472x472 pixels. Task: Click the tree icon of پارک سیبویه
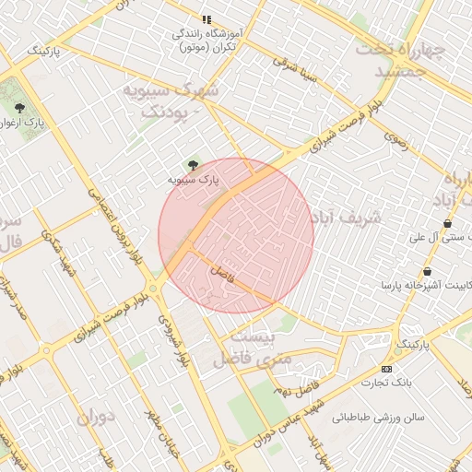(x=192, y=165)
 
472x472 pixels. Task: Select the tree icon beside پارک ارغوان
(x=19, y=108)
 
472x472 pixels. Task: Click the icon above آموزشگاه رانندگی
(x=207, y=18)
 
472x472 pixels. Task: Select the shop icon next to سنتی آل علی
(x=447, y=223)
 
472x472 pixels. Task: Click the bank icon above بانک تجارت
(x=385, y=368)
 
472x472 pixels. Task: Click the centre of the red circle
(x=236, y=235)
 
